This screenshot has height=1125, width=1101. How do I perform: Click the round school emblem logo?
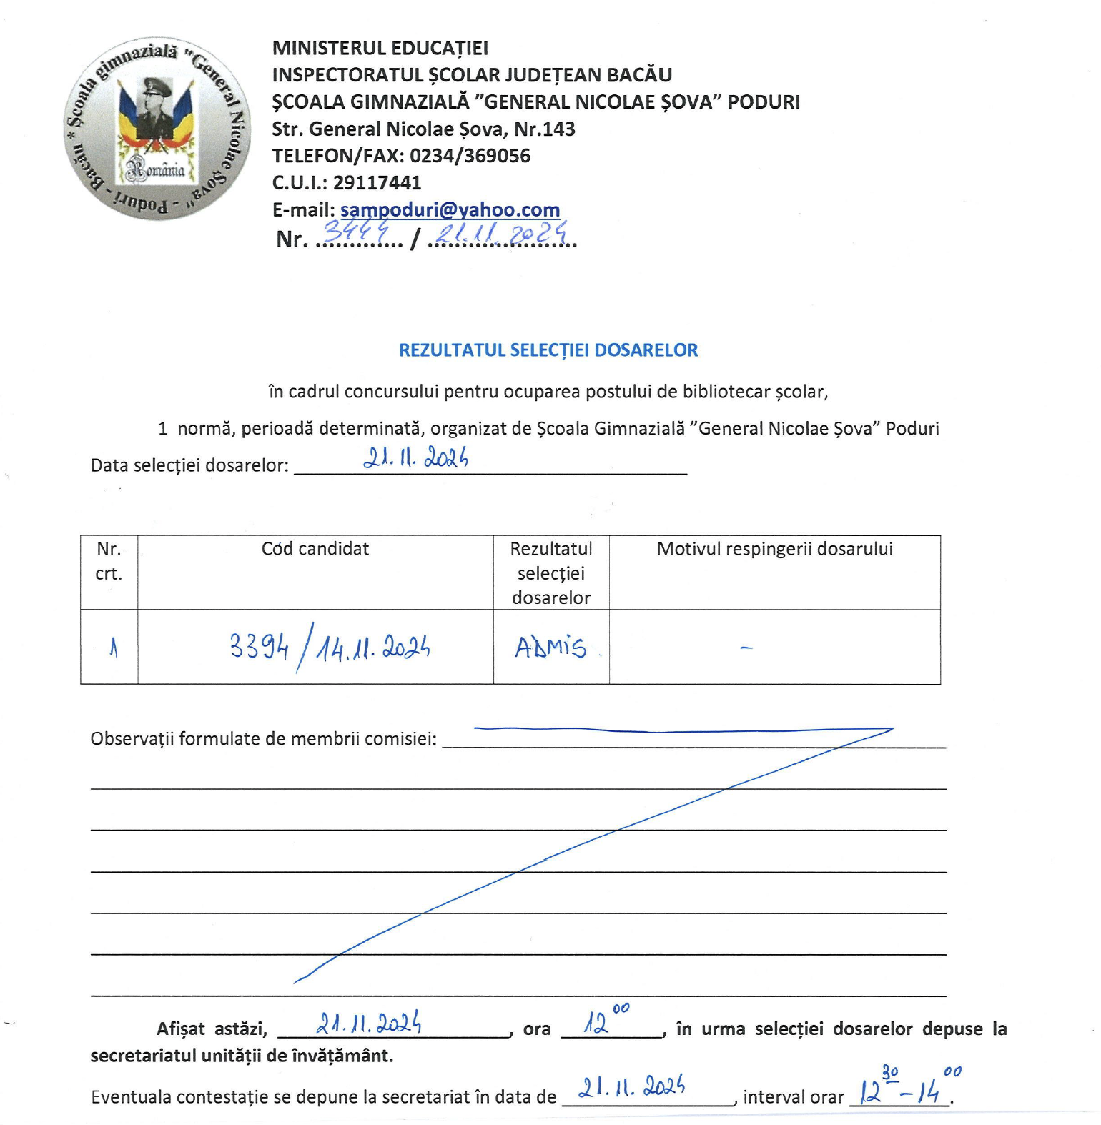[157, 129]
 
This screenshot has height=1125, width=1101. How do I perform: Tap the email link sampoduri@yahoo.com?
[450, 209]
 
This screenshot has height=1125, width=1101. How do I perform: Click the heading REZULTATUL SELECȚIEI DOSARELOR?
[548, 350]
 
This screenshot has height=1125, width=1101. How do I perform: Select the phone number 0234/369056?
[470, 156]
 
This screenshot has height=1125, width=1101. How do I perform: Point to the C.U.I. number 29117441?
[377, 183]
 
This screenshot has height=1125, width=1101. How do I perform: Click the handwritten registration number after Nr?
[356, 231]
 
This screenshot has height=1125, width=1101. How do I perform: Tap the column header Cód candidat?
[315, 549]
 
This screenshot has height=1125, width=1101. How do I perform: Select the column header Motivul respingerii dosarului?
[774, 549]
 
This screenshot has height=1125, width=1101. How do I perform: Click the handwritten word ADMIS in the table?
[550, 648]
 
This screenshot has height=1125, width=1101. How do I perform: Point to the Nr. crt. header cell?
[109, 561]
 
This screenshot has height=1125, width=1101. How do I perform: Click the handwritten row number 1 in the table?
[113, 648]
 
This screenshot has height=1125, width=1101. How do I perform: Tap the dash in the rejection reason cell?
[746, 648]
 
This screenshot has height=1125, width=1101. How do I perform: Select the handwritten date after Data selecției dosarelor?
[415, 457]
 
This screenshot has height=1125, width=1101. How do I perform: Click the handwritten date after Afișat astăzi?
[369, 1024]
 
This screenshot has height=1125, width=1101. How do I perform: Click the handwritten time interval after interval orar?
[908, 1086]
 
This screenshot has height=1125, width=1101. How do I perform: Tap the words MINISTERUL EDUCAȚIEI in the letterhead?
[380, 48]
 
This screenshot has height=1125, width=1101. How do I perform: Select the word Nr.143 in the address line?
[544, 129]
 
